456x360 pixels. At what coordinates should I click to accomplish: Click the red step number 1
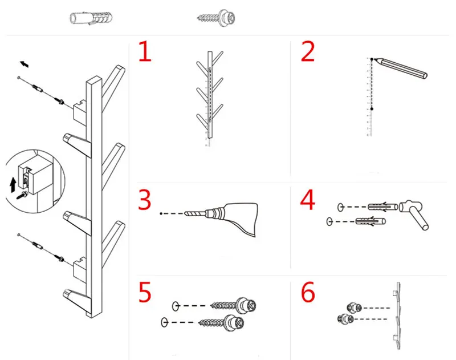(x=145, y=51)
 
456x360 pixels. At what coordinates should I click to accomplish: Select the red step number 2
(x=308, y=51)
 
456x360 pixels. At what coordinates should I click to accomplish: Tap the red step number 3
(x=145, y=200)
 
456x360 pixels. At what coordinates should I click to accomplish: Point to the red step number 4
(x=307, y=200)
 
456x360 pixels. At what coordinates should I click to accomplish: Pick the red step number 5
(x=145, y=292)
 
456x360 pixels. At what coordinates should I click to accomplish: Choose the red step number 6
(x=308, y=292)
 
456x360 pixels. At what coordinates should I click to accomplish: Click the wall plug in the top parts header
(x=91, y=18)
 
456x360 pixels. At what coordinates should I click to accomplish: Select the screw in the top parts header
(x=216, y=18)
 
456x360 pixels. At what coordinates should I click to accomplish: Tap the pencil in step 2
(x=401, y=68)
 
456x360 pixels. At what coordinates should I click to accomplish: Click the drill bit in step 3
(x=195, y=213)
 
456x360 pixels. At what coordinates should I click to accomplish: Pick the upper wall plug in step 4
(x=382, y=207)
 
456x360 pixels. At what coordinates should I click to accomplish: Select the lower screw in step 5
(x=221, y=322)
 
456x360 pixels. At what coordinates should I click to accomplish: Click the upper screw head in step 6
(x=354, y=308)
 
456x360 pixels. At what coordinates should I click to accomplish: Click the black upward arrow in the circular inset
(x=13, y=185)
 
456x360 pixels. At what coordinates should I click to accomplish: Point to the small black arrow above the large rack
(x=24, y=64)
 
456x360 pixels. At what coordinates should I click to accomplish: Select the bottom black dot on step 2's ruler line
(x=372, y=109)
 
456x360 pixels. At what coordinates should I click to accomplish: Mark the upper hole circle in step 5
(x=176, y=306)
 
